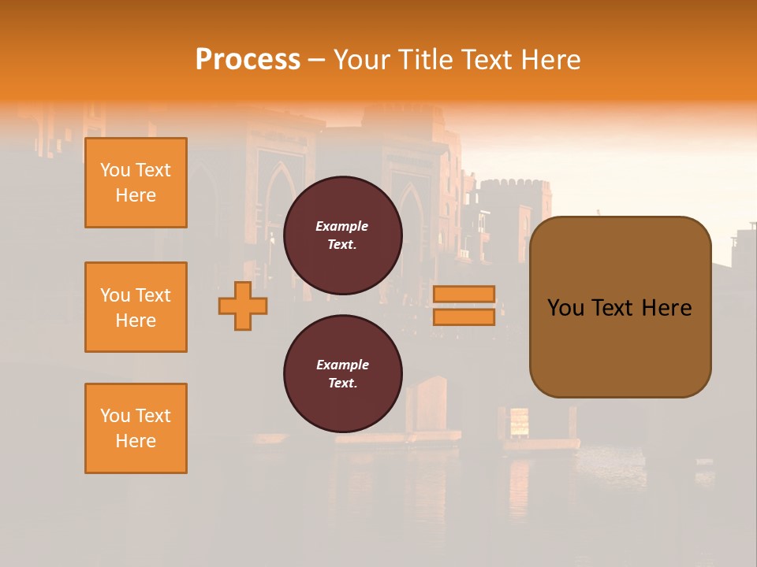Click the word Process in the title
(248, 60)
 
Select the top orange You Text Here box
(136, 183)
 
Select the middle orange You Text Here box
(136, 307)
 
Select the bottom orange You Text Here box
(136, 428)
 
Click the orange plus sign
(243, 306)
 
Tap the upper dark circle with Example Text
(342, 235)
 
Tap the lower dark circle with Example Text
(342, 374)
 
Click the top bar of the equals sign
(464, 294)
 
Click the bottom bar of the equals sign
(464, 317)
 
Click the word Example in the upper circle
(342, 226)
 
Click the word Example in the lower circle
(342, 365)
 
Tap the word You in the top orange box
(115, 170)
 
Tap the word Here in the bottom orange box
(136, 441)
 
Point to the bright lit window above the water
(519, 422)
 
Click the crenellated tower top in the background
(515, 186)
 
